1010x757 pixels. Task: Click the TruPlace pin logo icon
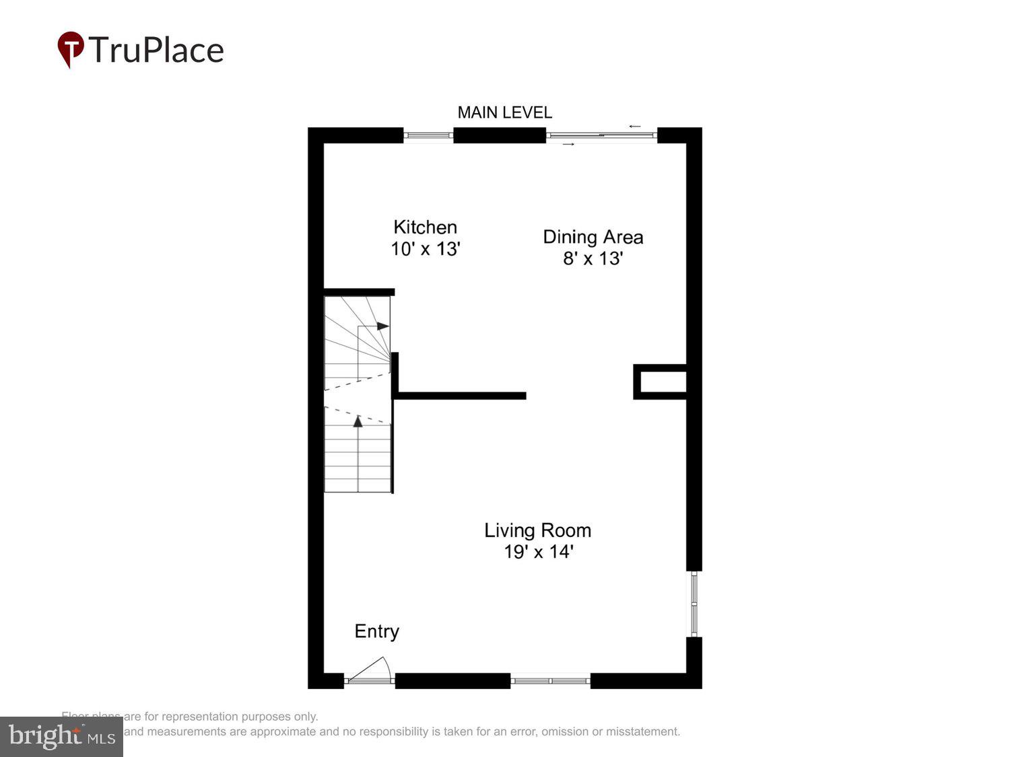click(71, 49)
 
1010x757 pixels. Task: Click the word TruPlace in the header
click(156, 50)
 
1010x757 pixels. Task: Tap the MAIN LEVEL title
click(504, 112)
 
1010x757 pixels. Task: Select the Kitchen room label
click(425, 227)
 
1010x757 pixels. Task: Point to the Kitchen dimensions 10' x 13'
click(425, 249)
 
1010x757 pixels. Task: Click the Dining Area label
click(593, 237)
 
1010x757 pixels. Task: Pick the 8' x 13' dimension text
click(593, 258)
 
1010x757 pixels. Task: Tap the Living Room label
click(537, 530)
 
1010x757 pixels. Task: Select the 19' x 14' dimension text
click(537, 552)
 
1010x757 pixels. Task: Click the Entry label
click(376, 631)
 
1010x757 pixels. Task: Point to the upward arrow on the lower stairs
click(358, 422)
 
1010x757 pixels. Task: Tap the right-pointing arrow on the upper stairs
click(382, 326)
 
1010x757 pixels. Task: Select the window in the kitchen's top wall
click(428, 135)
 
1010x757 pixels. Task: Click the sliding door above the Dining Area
click(601, 135)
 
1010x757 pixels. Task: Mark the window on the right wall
click(694, 604)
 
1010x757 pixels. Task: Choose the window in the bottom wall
click(550, 681)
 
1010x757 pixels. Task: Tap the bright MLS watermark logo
click(61, 737)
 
